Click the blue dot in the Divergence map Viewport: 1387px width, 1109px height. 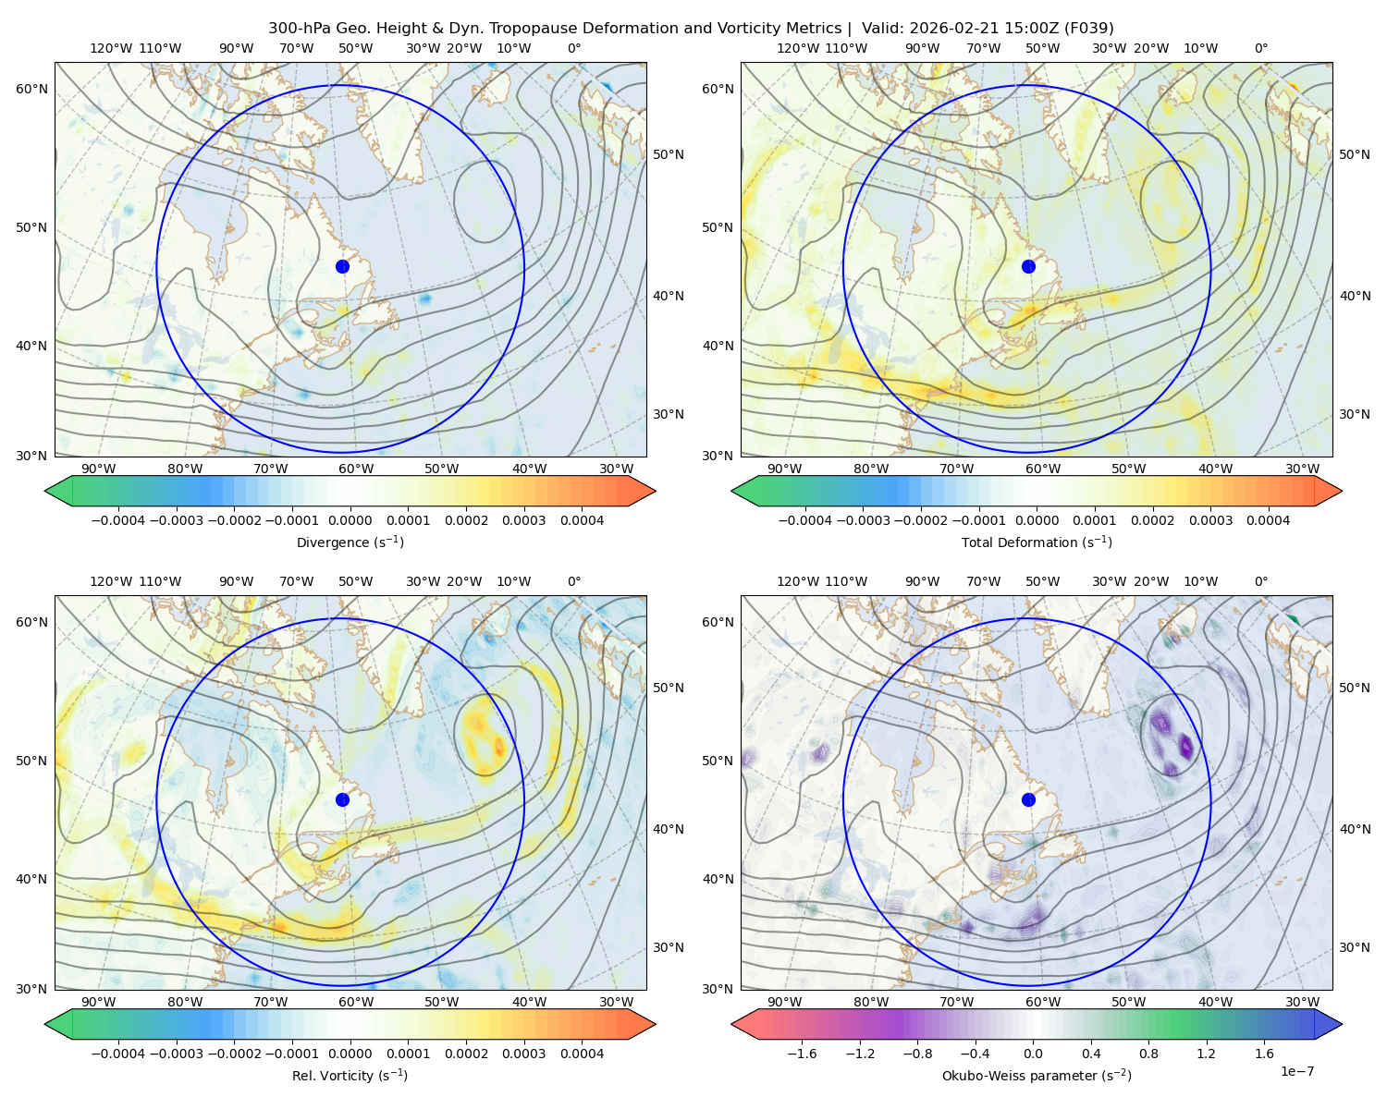342,266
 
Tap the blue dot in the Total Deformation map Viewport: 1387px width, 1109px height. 1028,266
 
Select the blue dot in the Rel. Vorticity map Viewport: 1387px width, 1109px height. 342,799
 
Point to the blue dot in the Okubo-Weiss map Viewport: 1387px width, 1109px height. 1028,799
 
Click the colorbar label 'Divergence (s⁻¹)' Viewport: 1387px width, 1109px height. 350,542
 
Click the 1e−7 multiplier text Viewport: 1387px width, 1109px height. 1296,1070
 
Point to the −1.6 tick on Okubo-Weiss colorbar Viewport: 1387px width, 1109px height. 802,1053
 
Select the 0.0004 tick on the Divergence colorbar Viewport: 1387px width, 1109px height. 582,520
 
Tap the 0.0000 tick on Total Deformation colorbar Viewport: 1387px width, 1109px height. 1037,520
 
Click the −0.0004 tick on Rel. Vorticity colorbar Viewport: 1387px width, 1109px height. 118,1053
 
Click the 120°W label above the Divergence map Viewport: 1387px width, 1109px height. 111,48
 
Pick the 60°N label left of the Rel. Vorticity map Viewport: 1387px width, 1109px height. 31,622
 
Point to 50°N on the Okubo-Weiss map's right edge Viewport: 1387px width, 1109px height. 1355,688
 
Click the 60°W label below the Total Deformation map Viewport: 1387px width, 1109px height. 1042,469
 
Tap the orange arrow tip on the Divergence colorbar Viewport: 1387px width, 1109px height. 655,491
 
